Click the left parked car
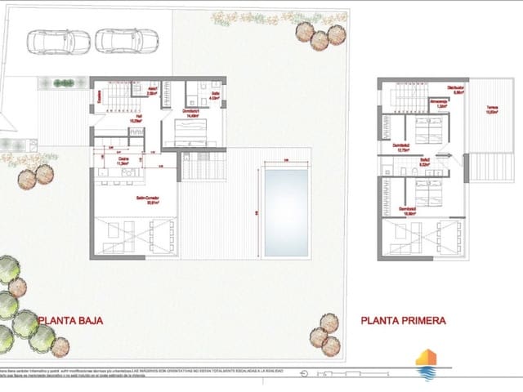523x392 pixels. [58, 40]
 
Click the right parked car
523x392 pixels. [126, 40]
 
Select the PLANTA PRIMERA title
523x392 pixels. [403, 321]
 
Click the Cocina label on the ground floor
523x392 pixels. [124, 161]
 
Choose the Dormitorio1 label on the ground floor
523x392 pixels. [191, 113]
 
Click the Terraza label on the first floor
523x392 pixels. [491, 111]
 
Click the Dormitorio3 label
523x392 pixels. [409, 209]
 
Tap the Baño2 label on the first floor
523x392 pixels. [424, 162]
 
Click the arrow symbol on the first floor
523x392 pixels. [444, 155]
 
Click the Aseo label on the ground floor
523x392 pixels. [151, 92]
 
